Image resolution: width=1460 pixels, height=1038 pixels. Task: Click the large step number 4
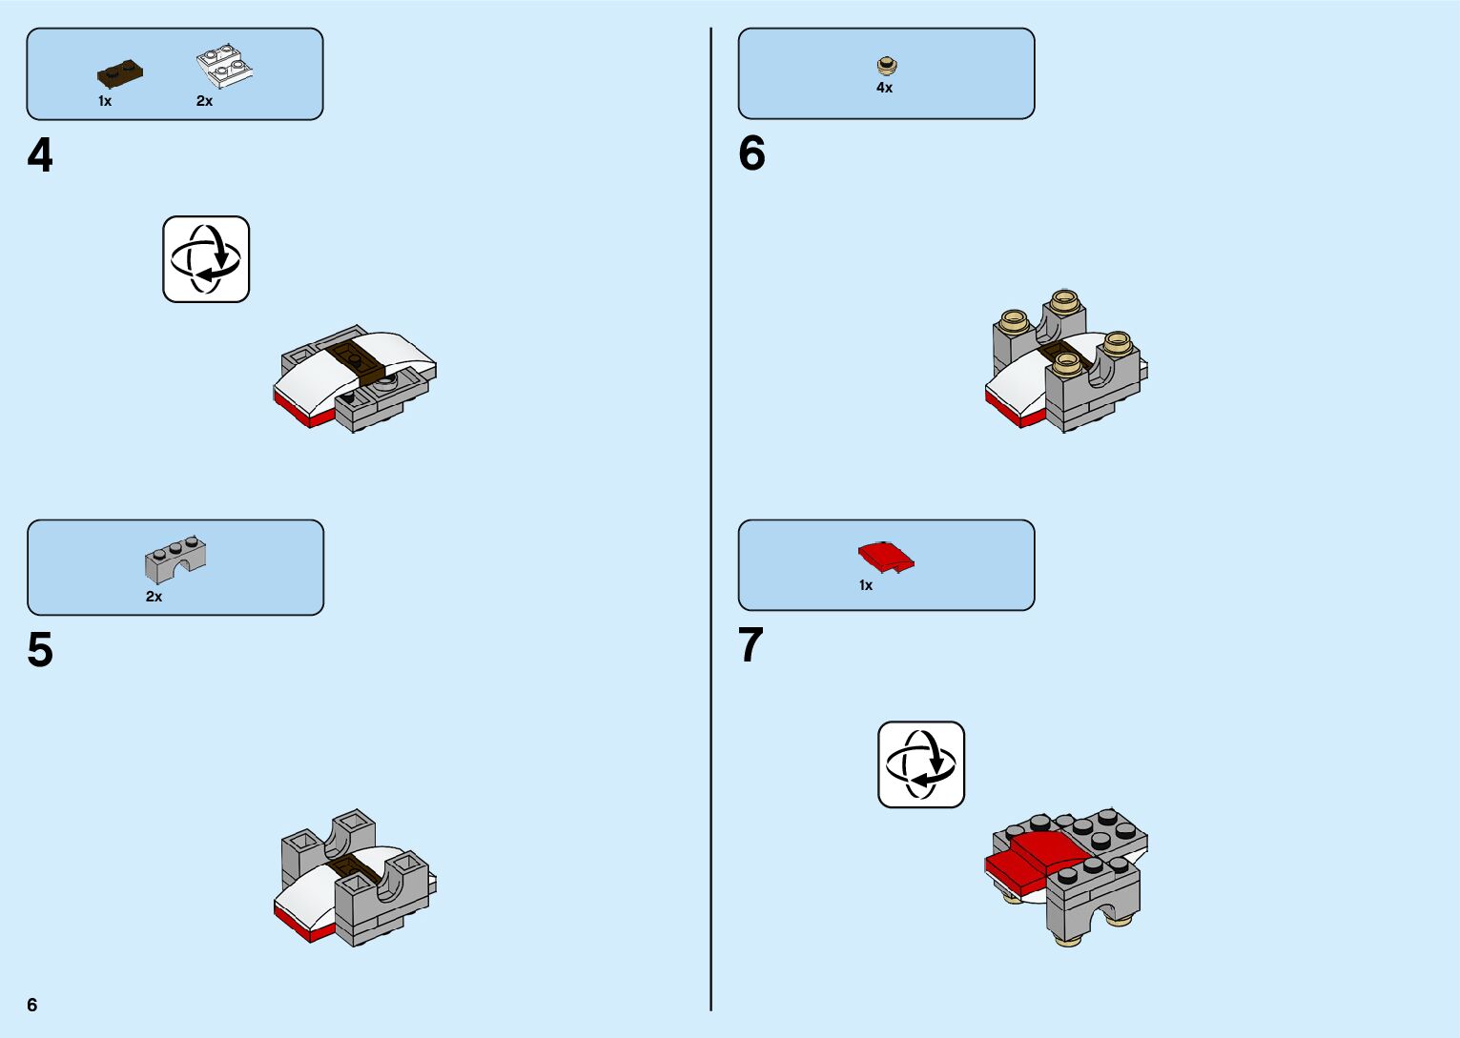point(40,155)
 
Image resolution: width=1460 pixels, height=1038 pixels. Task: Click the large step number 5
point(40,650)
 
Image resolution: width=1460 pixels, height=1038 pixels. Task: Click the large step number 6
point(751,153)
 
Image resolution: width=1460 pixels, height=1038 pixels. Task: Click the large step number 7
point(751,645)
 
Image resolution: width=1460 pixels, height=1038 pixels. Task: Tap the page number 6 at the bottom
point(32,1005)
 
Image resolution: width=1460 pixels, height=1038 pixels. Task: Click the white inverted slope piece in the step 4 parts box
point(224,67)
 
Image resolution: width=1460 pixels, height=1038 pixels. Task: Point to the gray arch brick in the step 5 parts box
point(175,559)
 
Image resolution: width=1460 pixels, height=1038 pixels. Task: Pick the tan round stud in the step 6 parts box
point(887,66)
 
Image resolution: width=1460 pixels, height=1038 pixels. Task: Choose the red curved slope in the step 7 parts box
point(886,557)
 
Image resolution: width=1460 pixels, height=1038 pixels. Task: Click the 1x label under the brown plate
point(105,101)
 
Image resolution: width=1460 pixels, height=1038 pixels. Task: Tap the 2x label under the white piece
point(204,101)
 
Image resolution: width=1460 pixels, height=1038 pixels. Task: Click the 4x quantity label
point(884,88)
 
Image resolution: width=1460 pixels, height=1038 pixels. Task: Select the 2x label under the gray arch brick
point(154,597)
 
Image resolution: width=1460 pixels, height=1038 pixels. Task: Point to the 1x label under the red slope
point(865,585)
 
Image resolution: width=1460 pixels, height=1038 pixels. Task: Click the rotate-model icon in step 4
point(206,259)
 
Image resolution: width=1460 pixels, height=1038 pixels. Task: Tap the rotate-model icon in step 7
point(921,764)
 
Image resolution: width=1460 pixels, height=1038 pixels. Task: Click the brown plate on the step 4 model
point(355,359)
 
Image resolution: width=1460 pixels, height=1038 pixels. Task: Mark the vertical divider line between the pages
point(710,519)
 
